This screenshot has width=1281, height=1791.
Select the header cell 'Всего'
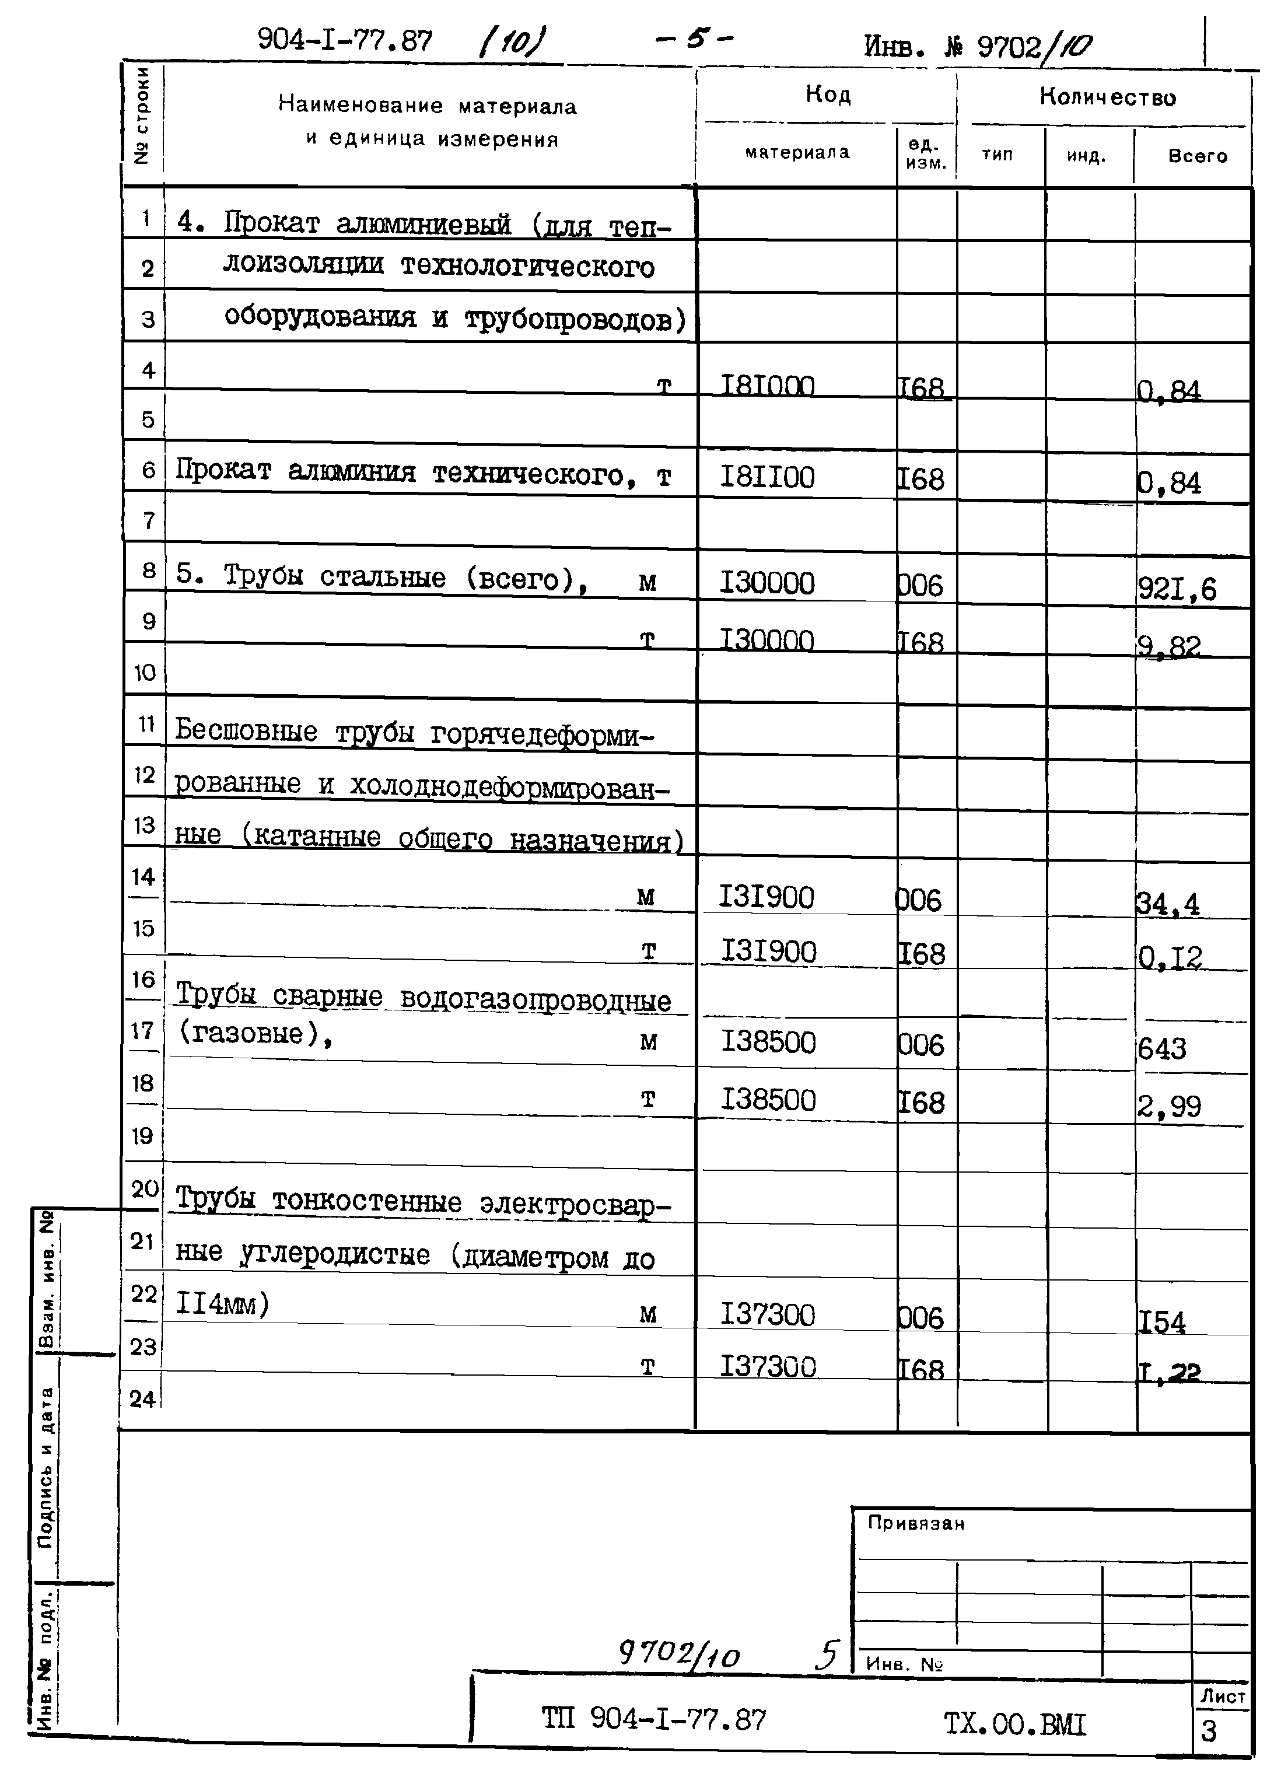1198,156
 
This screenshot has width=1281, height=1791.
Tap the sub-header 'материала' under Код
797,152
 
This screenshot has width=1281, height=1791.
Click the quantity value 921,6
1176,588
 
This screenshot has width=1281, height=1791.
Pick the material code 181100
766,477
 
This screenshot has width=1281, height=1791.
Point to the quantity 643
1161,1048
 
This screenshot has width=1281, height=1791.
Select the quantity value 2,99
1168,1106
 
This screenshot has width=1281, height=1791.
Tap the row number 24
142,1399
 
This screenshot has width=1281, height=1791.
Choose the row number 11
146,724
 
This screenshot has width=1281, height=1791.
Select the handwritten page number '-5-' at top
694,39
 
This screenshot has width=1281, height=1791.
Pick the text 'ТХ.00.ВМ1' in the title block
1014,1724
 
